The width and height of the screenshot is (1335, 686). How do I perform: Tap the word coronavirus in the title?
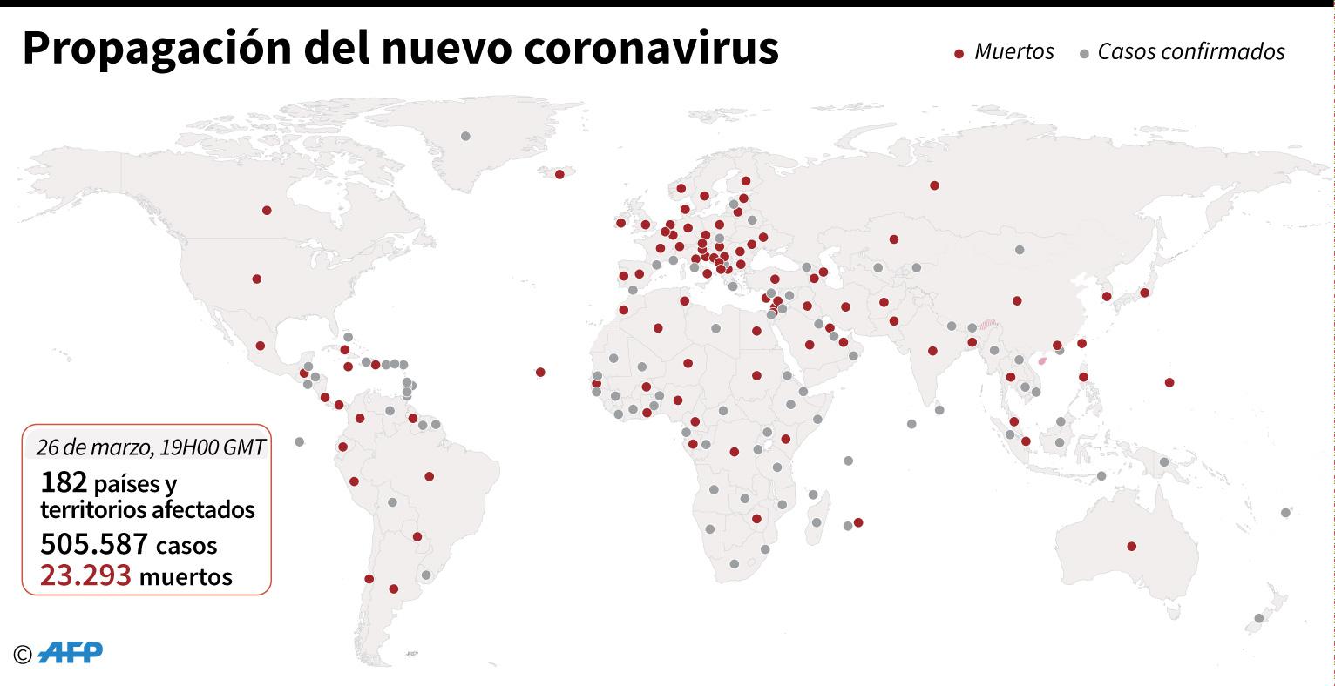point(651,50)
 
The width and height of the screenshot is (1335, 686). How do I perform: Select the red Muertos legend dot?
point(959,54)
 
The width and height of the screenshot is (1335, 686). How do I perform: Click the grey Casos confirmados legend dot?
point(1084,54)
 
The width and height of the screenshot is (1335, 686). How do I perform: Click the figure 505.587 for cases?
point(94,544)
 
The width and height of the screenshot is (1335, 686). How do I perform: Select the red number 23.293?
point(85,575)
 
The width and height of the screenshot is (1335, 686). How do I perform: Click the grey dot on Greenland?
point(465,136)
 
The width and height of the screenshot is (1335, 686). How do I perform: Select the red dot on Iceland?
point(559,174)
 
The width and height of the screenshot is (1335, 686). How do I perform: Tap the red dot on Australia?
point(1131,547)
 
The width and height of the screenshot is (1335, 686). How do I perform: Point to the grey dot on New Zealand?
point(1258,618)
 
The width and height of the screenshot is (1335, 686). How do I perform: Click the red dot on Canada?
point(267,210)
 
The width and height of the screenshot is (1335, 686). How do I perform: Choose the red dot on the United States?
point(256,279)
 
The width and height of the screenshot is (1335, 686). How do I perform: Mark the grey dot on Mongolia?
point(1019,250)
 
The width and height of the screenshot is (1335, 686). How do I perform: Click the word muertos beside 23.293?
point(186,576)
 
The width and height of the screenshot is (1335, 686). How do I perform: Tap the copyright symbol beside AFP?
point(23,654)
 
